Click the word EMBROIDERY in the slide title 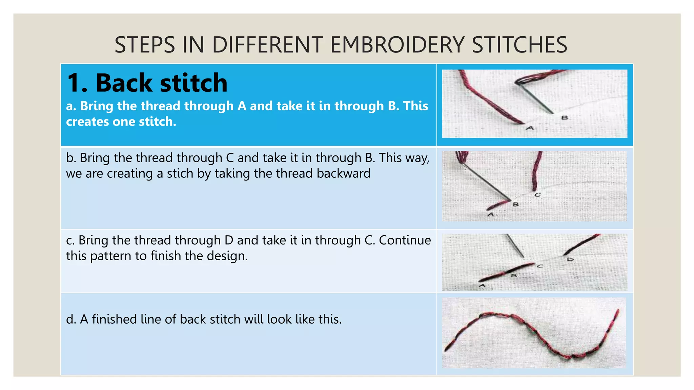point(397,45)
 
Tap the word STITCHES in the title point(519,45)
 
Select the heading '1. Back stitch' point(147,83)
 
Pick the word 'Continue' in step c point(405,240)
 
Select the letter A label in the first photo point(530,128)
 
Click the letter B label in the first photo point(565,118)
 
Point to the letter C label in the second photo point(537,195)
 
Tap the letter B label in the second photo point(516,204)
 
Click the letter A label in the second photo point(490,215)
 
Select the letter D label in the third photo point(570,259)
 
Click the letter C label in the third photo point(540,266)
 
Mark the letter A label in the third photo point(482,286)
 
